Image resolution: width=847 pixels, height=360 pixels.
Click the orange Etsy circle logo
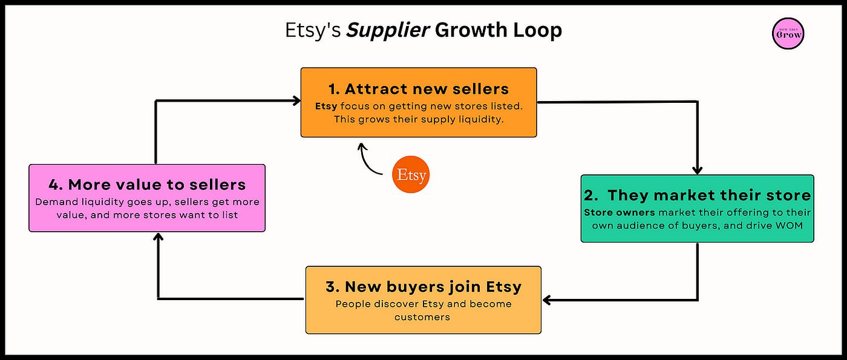tap(411, 175)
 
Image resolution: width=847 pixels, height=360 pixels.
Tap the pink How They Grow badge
tap(788, 34)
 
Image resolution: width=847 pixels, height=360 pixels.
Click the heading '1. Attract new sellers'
tap(419, 90)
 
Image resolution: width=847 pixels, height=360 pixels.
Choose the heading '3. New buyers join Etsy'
tap(423, 286)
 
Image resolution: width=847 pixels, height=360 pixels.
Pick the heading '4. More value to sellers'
tap(147, 185)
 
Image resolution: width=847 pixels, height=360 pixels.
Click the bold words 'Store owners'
tap(620, 213)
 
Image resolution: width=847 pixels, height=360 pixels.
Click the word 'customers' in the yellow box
tap(423, 316)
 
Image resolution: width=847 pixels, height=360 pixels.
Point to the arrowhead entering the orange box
tap(296, 101)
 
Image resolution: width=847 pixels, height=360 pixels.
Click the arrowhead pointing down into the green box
tap(698, 170)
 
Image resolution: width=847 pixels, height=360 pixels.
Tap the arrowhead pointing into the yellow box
tap(547, 299)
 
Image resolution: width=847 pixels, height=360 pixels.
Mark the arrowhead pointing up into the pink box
tap(158, 237)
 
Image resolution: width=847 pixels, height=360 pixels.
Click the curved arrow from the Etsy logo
tap(368, 160)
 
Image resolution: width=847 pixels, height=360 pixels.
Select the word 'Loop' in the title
tap(537, 30)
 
